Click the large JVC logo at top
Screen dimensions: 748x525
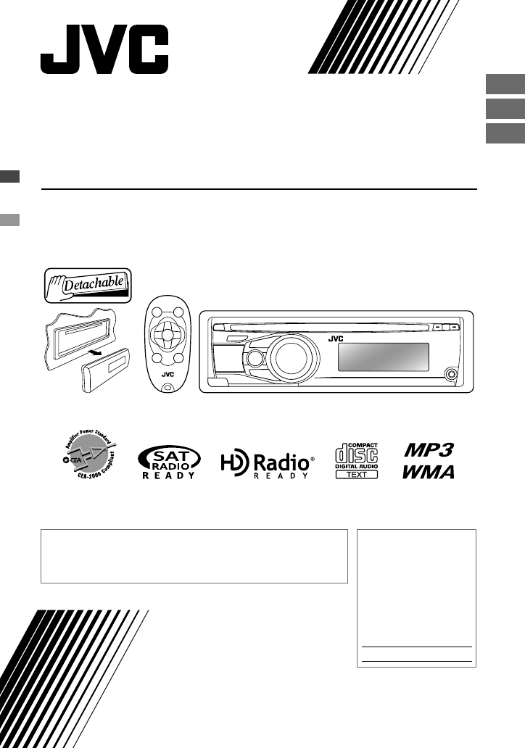click(x=104, y=49)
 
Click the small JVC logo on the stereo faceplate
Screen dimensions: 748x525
click(x=336, y=338)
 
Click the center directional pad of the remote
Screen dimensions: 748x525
click(x=167, y=337)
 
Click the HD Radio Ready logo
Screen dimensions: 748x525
click(x=268, y=462)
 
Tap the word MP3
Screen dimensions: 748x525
click(x=429, y=450)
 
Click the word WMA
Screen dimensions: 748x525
click(x=429, y=472)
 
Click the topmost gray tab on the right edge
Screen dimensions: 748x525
click(x=505, y=84)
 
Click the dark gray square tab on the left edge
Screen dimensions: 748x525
click(x=9, y=176)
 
